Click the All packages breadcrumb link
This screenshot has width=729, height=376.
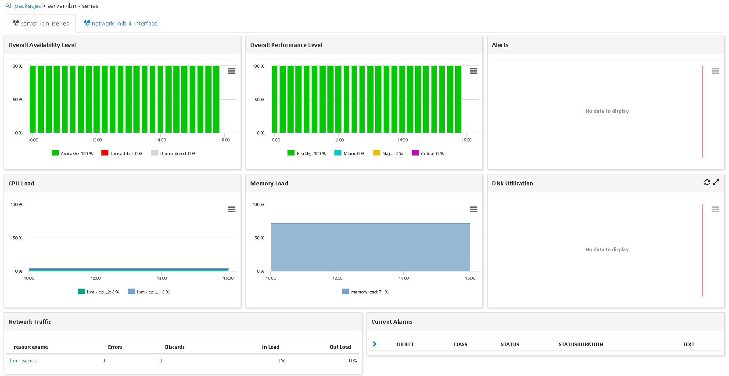point(23,6)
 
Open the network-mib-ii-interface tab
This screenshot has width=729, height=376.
point(124,24)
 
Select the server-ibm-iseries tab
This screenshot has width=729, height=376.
point(45,24)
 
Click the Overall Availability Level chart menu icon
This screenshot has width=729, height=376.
point(232,71)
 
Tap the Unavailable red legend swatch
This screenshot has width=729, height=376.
point(105,153)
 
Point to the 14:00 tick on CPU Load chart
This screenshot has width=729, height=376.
point(162,278)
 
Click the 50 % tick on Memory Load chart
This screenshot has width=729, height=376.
point(259,238)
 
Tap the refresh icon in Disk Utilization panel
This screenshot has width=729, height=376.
point(707,182)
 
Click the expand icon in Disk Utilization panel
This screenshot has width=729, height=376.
point(716,182)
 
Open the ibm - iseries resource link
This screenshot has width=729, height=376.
point(22,361)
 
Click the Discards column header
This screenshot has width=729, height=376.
point(175,347)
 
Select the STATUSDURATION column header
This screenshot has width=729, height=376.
point(581,345)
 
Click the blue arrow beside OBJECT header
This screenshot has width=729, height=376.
point(374,344)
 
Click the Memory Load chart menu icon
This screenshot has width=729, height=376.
point(474,210)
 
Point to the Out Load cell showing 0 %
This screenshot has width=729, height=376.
point(353,361)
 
